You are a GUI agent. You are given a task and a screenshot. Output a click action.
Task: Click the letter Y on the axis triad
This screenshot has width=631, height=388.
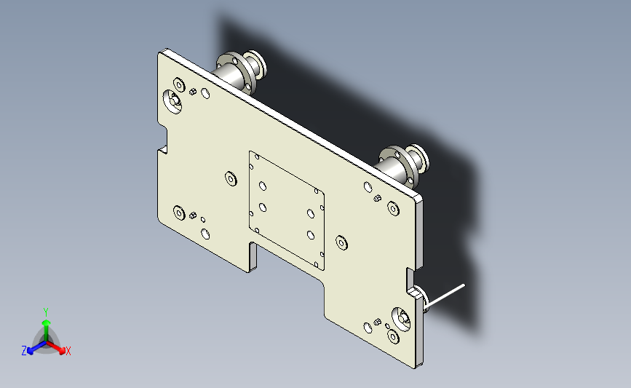pyautogui.click(x=45, y=312)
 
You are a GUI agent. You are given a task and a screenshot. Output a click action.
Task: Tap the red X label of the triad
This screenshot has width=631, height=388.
pyautogui.click(x=68, y=351)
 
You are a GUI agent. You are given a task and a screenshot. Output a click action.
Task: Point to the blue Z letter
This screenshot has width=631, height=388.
pyautogui.click(x=24, y=351)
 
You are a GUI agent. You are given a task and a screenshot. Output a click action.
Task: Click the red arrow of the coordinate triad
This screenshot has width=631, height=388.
pyautogui.click(x=55, y=348)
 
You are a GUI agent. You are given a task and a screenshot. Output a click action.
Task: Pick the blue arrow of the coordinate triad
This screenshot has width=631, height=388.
pyautogui.click(x=36, y=348)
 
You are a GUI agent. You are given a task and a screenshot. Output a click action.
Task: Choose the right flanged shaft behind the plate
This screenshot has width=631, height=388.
pyautogui.click(x=402, y=165)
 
